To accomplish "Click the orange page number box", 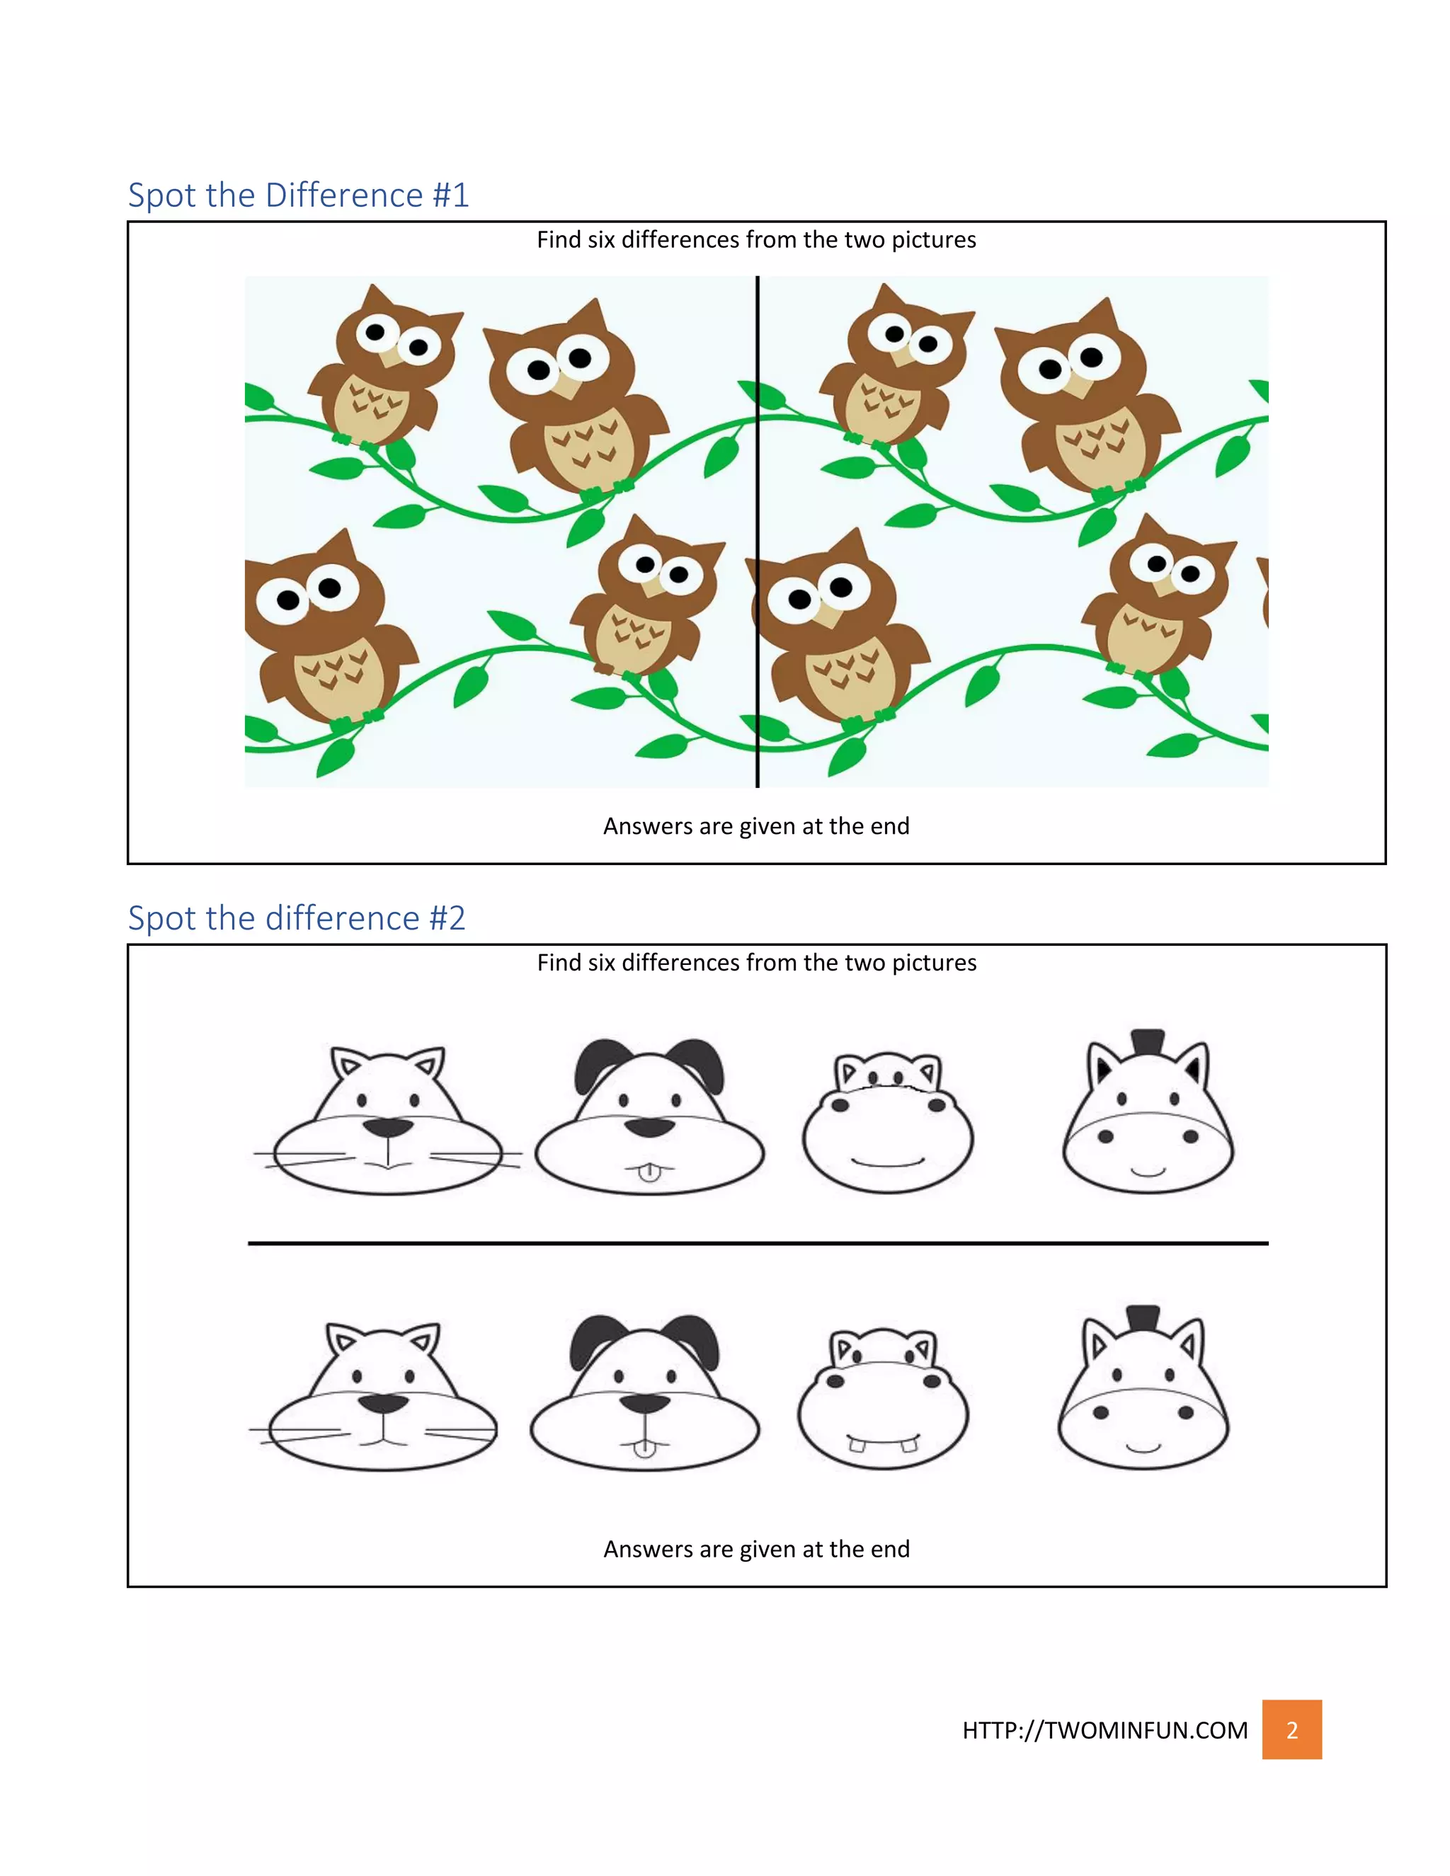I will [x=1291, y=1729].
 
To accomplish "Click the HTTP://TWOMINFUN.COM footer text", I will [x=1104, y=1730].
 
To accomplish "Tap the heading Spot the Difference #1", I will [x=298, y=195].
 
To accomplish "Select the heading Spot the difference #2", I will [x=297, y=918].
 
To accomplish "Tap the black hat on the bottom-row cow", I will [x=1143, y=1317].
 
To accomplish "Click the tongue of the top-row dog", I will [x=649, y=1172].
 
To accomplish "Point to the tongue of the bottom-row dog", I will [x=644, y=1449].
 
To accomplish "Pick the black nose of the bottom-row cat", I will [x=383, y=1404].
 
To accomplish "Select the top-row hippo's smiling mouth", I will [x=887, y=1164].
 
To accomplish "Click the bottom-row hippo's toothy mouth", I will [x=883, y=1441].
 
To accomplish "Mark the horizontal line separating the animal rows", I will [x=758, y=1243].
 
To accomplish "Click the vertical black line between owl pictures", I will [x=758, y=532].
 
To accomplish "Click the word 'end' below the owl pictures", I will [x=889, y=826].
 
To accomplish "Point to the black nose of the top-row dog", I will [x=649, y=1127].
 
